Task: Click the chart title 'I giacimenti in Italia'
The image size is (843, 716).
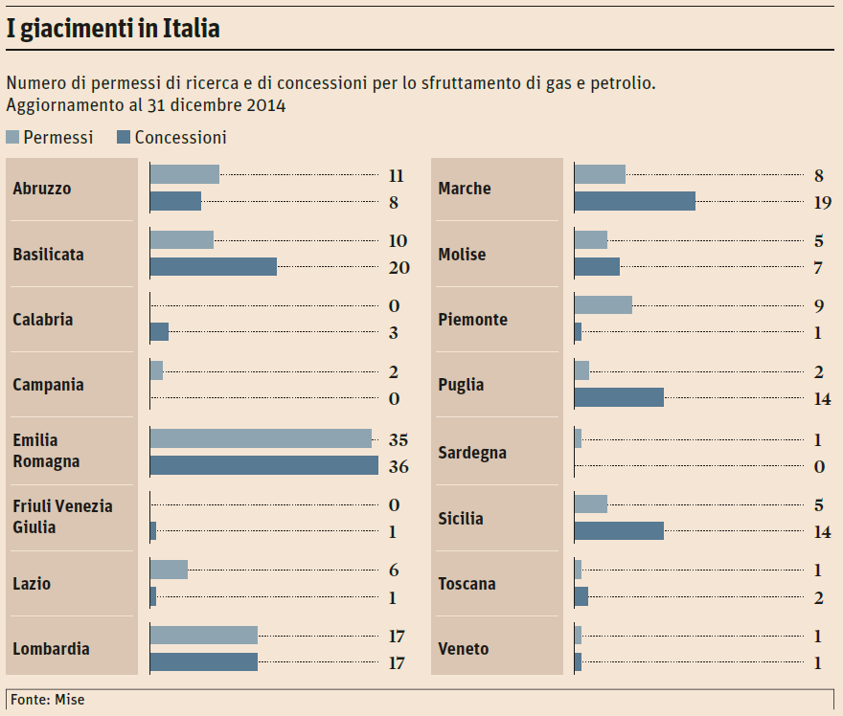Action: (x=113, y=29)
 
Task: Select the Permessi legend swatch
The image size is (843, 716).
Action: (x=12, y=138)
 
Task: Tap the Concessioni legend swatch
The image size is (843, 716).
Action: (x=123, y=138)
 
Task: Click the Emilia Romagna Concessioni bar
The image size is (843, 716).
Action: (x=264, y=465)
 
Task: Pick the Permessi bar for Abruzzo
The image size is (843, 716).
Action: (x=185, y=174)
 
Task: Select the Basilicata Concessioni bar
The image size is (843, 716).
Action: (x=214, y=266)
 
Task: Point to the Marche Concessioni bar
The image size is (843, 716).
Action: (x=634, y=201)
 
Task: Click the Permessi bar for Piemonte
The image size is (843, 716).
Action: (x=603, y=304)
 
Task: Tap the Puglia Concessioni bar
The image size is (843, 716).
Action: (x=619, y=396)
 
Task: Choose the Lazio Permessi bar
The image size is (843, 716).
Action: (x=169, y=570)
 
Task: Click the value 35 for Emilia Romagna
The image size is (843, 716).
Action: (x=399, y=440)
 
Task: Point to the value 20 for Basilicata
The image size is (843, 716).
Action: (x=399, y=268)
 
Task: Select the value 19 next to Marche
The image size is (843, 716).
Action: (x=822, y=203)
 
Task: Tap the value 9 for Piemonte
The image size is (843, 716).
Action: (x=819, y=306)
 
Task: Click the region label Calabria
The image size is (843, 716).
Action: (x=43, y=320)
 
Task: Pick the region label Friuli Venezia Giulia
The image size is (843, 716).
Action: (x=62, y=517)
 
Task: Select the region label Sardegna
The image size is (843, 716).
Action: (x=472, y=453)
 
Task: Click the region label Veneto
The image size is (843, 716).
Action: (x=463, y=649)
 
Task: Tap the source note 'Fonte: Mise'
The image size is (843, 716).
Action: (x=48, y=700)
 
